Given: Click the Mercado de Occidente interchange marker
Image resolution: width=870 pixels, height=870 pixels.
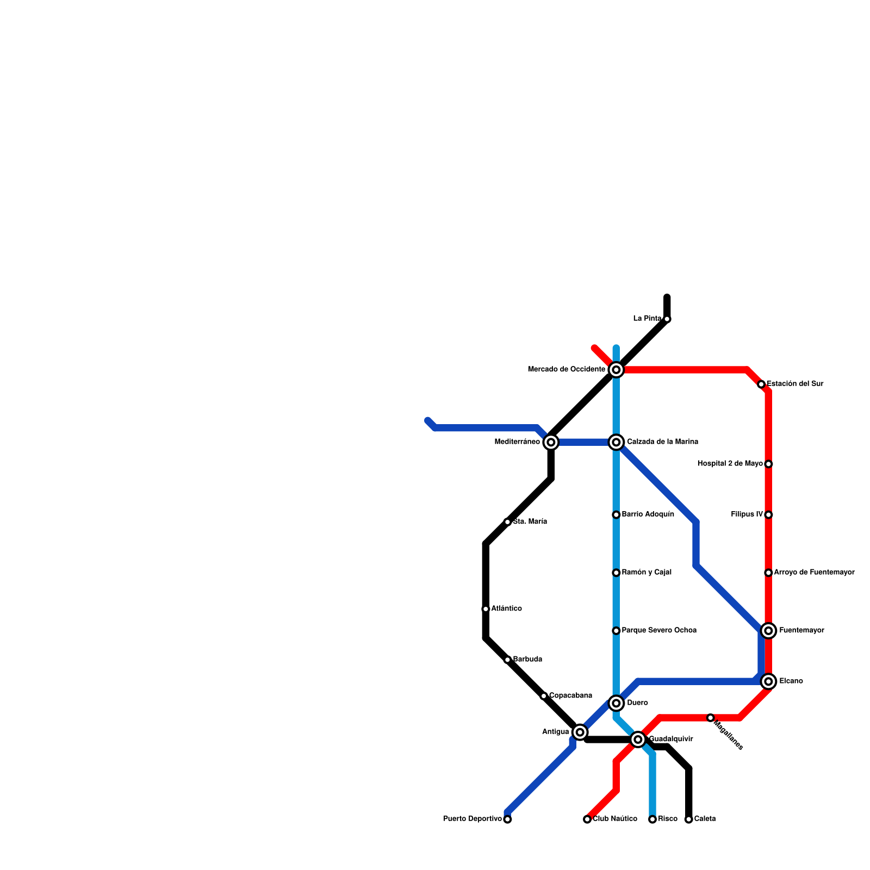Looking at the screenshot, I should pyautogui.click(x=616, y=370).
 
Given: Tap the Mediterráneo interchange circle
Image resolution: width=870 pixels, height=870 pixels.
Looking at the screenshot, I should pyautogui.click(x=551, y=442).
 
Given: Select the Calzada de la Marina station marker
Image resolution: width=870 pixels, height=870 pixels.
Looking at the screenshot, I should pyautogui.click(x=616, y=442).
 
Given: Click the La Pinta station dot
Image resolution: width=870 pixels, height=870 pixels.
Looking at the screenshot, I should pyautogui.click(x=667, y=319).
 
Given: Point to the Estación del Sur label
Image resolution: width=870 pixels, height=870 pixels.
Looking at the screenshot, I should pyautogui.click(x=795, y=384).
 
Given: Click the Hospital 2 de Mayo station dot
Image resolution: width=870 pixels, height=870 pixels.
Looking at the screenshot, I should pyautogui.click(x=768, y=464).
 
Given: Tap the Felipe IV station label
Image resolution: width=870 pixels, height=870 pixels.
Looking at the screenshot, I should pyautogui.click(x=747, y=514).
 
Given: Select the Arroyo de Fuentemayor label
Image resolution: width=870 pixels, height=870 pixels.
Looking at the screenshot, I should pyautogui.click(x=814, y=573).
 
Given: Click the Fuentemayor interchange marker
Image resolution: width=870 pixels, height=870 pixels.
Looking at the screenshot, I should pyautogui.click(x=768, y=631).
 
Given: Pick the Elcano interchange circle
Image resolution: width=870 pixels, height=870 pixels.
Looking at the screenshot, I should pyautogui.click(x=768, y=681).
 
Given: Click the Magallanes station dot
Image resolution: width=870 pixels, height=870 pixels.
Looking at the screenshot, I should pyautogui.click(x=710, y=718).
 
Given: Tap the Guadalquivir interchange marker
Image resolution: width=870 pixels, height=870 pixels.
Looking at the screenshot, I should pyautogui.click(x=638, y=739).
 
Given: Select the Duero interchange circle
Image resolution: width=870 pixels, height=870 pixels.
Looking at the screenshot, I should pyautogui.click(x=616, y=704).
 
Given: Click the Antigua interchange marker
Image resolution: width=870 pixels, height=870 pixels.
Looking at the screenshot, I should pyautogui.click(x=580, y=732).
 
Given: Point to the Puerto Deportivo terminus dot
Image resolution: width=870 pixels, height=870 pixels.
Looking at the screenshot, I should pyautogui.click(x=507, y=819).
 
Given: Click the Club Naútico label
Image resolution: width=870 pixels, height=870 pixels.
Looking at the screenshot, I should pyautogui.click(x=615, y=819).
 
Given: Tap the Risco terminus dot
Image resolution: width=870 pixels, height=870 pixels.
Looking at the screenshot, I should pyautogui.click(x=652, y=819).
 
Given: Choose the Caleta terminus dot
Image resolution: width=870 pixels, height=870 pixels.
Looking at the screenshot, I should pyautogui.click(x=688, y=819).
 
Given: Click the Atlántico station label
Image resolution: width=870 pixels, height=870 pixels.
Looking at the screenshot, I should pyautogui.click(x=506, y=608).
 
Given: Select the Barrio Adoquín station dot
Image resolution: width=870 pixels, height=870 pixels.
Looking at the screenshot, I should pyautogui.click(x=616, y=514).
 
